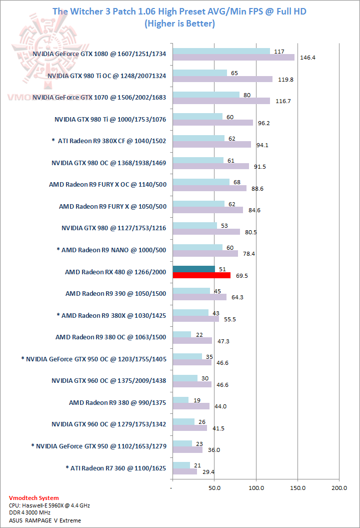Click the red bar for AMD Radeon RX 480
pos(201,275)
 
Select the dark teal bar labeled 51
pos(193,269)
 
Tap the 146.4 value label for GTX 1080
pos(307,58)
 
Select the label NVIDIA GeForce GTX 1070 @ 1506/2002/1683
pos(99,97)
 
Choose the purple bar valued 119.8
pos(222,79)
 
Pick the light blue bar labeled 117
pos(221,51)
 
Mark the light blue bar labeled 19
pos(180,400)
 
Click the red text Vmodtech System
pos(34,498)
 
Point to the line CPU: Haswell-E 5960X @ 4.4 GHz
pos(49,505)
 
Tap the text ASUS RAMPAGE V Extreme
pos(45,520)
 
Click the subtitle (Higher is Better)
pos(179,24)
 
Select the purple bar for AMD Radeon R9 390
pos(199,297)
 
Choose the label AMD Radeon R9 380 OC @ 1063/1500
pos(110,337)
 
